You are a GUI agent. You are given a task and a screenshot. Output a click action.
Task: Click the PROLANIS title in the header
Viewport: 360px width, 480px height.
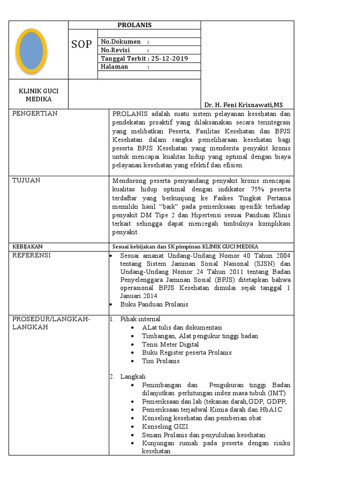tap(135, 25)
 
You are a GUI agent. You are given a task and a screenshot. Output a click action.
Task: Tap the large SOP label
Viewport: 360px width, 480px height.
tap(82, 45)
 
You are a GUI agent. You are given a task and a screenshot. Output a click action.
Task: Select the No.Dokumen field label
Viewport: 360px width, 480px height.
tap(121, 42)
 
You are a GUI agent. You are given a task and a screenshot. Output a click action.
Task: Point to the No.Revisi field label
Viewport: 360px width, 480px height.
tap(116, 50)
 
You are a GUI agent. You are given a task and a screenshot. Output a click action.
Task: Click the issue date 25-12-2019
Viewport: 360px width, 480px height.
tap(169, 59)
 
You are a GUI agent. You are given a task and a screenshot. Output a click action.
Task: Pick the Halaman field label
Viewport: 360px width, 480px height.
tap(114, 67)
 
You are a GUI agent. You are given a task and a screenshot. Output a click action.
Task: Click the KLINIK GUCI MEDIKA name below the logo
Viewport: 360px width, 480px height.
tap(39, 95)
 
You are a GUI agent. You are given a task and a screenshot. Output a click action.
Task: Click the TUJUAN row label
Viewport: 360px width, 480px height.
tap(26, 180)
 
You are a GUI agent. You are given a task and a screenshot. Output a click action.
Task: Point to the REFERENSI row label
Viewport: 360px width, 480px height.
tap(31, 255)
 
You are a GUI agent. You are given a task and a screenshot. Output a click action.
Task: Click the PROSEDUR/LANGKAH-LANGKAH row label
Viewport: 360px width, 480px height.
tap(51, 323)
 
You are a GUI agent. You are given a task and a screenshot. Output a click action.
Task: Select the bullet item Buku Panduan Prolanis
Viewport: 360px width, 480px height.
tap(154, 304)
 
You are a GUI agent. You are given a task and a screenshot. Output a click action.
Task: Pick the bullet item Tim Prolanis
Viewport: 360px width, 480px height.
tap(161, 361)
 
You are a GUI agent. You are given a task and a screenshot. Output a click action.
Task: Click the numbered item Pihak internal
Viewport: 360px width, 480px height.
tap(140, 319)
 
